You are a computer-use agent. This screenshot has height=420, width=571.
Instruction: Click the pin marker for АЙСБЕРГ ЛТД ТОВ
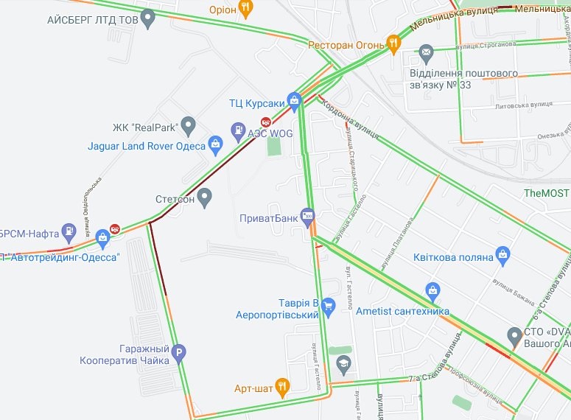click(x=148, y=18)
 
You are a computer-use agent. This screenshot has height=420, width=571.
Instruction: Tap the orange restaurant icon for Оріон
click(x=246, y=8)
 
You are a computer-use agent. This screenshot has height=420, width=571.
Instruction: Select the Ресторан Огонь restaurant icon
click(x=394, y=44)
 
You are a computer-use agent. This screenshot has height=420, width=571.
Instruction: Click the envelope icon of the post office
click(x=425, y=52)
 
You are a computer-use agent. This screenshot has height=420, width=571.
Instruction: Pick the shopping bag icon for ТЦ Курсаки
click(x=295, y=99)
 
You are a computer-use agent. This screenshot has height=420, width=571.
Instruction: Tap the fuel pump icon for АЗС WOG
click(x=238, y=132)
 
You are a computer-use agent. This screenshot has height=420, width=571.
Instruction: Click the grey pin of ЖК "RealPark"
click(x=189, y=125)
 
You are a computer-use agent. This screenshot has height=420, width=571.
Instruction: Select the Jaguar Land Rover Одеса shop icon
click(x=215, y=144)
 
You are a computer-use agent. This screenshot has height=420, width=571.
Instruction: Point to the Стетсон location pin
click(x=205, y=197)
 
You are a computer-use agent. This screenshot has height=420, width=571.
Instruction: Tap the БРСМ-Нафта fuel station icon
click(x=69, y=231)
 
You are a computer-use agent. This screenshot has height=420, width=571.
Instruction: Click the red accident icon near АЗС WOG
click(x=267, y=122)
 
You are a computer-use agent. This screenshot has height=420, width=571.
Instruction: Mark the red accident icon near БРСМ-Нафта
click(x=114, y=227)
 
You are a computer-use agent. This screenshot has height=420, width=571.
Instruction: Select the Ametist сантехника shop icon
click(x=432, y=290)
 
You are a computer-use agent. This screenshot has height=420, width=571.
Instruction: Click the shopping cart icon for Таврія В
click(x=329, y=305)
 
